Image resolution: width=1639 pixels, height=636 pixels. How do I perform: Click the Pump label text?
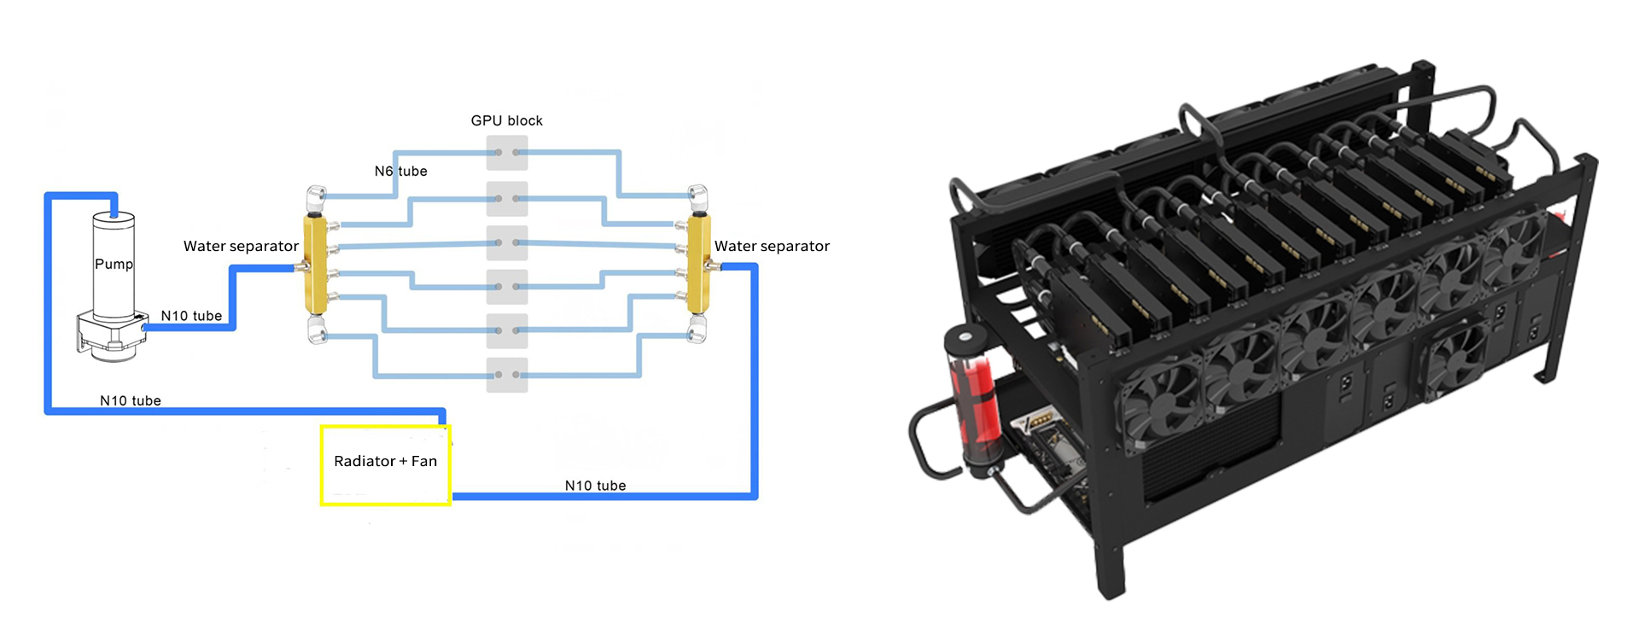tap(114, 264)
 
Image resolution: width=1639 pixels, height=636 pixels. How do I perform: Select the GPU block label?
tap(506, 120)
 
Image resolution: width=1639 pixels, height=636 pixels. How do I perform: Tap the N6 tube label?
tap(400, 171)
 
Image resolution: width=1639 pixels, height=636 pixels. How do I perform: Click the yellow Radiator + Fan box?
tap(385, 465)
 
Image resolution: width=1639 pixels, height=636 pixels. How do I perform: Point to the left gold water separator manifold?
tap(314, 264)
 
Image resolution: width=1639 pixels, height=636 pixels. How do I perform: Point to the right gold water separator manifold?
tap(699, 264)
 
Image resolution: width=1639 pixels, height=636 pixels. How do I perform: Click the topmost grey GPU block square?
tap(507, 153)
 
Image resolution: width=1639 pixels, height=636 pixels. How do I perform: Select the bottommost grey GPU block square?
tap(507, 375)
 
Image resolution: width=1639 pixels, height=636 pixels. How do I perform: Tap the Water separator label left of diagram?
tap(241, 246)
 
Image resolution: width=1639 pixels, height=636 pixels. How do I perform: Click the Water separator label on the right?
tap(772, 246)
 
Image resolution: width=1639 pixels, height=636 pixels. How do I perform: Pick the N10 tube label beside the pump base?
tap(191, 316)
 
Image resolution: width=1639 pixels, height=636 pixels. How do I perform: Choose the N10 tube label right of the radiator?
tap(595, 486)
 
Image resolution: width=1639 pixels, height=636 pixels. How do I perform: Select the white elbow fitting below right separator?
tap(697, 330)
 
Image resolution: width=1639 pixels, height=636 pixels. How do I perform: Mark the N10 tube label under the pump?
tap(130, 400)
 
